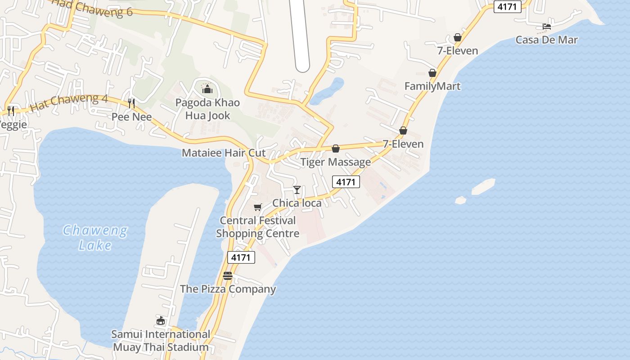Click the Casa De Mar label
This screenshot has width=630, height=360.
click(546, 40)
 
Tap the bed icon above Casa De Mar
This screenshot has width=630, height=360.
click(547, 27)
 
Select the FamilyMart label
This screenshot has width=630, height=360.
click(432, 86)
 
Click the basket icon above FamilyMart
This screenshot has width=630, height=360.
click(432, 73)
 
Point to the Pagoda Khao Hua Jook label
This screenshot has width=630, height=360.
click(207, 109)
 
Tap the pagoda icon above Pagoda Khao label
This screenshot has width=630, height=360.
click(207, 89)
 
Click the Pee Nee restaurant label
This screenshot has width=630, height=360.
click(131, 117)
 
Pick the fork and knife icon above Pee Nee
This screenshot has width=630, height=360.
click(131, 103)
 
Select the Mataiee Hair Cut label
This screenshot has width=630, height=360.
click(224, 153)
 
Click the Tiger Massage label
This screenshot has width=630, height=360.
click(336, 162)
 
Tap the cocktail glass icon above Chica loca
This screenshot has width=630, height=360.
click(297, 189)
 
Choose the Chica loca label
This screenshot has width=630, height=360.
click(297, 203)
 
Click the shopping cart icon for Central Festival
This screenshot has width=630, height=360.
click(257, 207)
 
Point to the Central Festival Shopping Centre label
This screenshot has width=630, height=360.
click(257, 227)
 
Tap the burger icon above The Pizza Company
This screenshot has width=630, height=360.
click(228, 276)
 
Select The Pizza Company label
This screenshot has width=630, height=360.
click(228, 289)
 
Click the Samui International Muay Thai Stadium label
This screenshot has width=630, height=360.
click(161, 341)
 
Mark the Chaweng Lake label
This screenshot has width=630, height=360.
click(95, 238)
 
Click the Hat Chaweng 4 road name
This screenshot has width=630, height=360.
click(68, 103)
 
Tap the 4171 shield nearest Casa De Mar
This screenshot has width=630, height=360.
click(507, 7)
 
